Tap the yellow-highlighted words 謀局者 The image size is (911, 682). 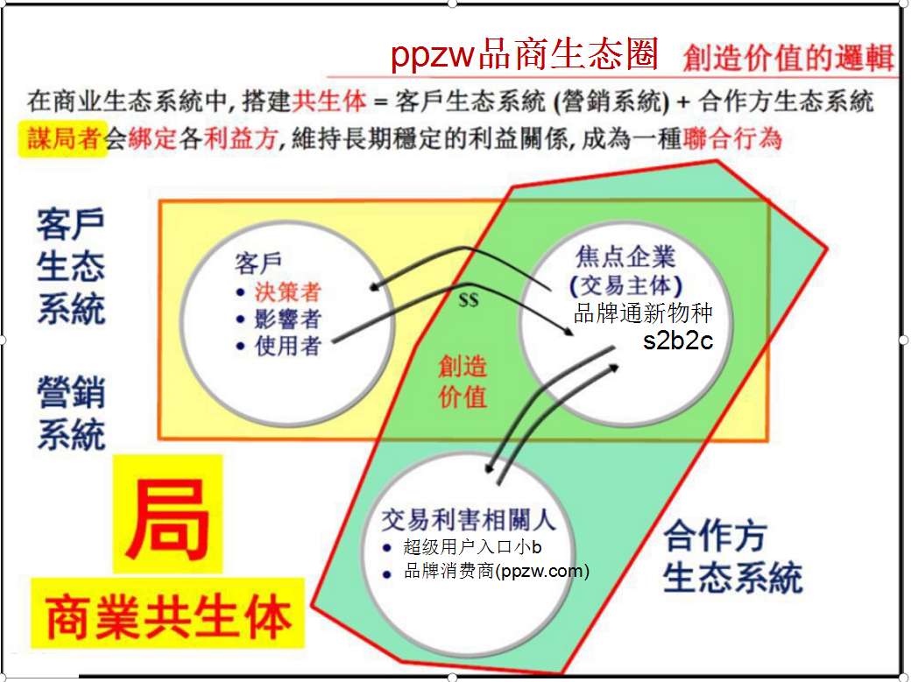coord(64,139)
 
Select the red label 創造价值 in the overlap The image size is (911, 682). coord(463,382)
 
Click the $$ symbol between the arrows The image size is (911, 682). coord(469,299)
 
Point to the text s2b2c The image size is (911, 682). coord(677,340)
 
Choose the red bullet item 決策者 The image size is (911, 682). coord(287,292)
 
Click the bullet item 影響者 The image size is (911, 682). coord(287,319)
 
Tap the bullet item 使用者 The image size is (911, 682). coord(287,346)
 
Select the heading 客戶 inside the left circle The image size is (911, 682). coord(258,264)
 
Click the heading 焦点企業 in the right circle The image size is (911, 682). coord(625,257)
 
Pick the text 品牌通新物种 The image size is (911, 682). coord(643,313)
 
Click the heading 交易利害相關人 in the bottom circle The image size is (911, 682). coord(469,519)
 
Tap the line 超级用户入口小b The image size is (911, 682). coord(472,546)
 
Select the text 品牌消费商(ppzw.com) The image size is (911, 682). coord(497,571)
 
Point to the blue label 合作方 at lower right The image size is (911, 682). coord(715,536)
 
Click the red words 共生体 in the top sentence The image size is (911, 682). coord(329,101)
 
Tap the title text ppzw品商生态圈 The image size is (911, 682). coord(524,54)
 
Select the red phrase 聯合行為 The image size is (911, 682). coord(732,139)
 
